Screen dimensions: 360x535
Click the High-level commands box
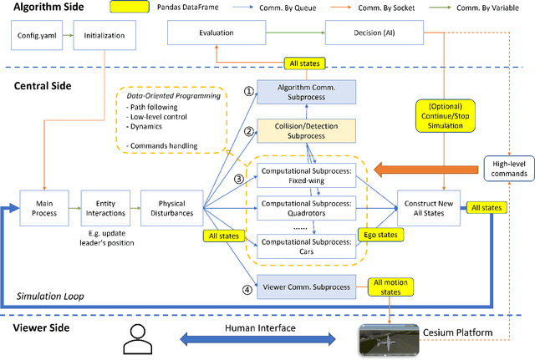[509, 167]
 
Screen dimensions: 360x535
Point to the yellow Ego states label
[385, 236]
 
